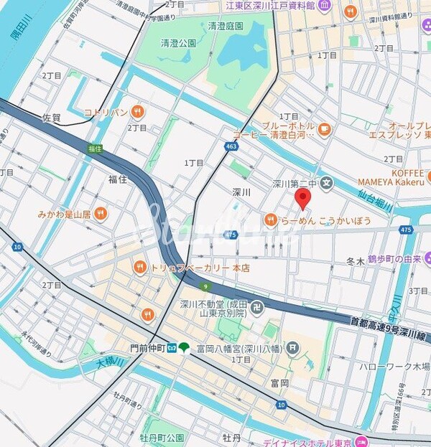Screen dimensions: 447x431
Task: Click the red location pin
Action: click(x=304, y=198)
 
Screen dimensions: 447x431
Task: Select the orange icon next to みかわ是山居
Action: click(x=101, y=213)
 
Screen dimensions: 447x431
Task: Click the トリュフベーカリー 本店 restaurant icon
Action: click(x=139, y=268)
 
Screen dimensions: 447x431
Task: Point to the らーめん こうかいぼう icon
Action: click(x=270, y=220)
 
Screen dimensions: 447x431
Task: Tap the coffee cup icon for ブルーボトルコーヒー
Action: click(x=325, y=129)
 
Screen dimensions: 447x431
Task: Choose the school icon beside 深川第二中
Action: click(x=328, y=183)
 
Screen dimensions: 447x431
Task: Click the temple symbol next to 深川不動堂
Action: click(x=257, y=308)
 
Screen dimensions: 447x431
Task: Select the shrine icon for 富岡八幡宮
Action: click(x=292, y=348)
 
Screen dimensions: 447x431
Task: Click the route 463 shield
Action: click(x=231, y=146)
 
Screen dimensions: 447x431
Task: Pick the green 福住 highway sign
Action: click(x=95, y=149)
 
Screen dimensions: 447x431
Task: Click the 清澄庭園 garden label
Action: click(x=226, y=26)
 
